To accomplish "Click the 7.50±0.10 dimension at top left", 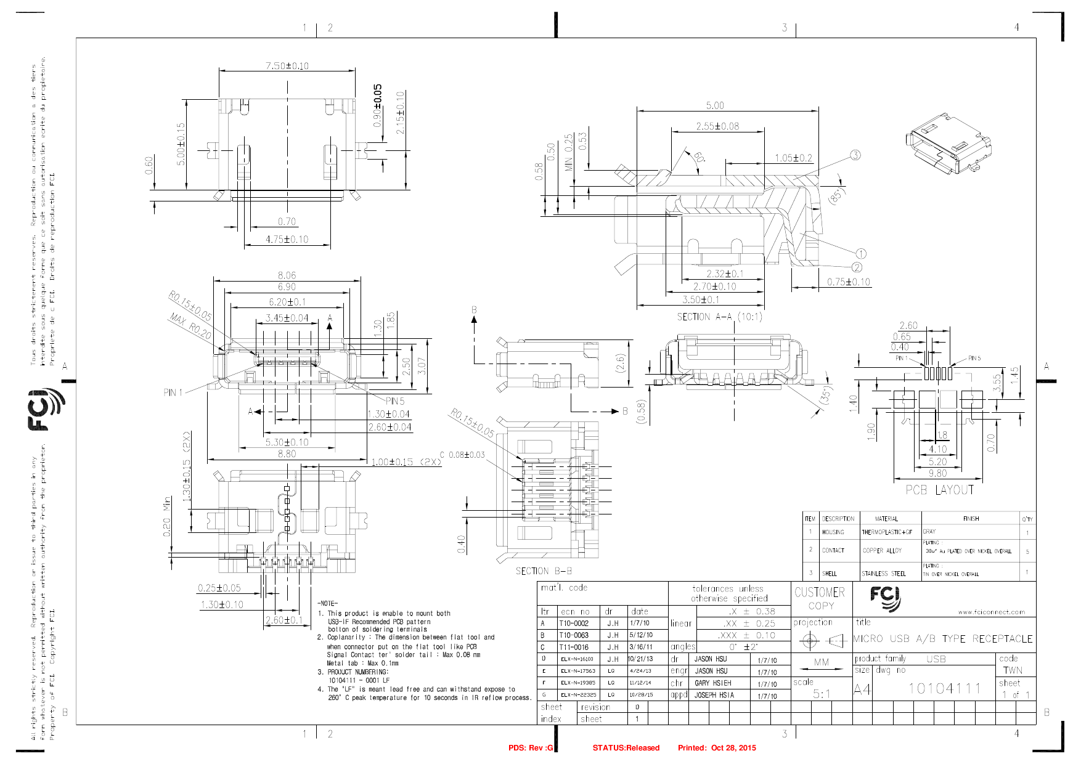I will pos(287,66).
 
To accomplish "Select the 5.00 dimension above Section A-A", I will pos(715,106).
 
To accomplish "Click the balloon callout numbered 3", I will pos(855,155).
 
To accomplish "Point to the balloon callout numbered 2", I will pos(857,267).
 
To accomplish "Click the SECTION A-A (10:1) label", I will pos(719,317).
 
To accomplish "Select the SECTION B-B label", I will pos(544,571).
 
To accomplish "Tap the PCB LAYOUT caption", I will pos(939,490).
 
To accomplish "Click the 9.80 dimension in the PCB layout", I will pos(937,473).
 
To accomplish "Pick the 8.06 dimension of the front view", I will pos(287,275).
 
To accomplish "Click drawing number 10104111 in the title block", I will pos(944,688).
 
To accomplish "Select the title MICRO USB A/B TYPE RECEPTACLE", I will pos(943,639).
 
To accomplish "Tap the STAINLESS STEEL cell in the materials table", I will pos(884,574).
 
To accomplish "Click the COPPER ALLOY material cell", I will pos(882,551).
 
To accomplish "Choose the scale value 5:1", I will pos(822,694).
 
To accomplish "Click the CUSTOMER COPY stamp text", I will pos(820,598).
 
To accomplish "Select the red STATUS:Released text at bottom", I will pos(626,748).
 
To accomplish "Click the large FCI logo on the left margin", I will pos(46,409).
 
